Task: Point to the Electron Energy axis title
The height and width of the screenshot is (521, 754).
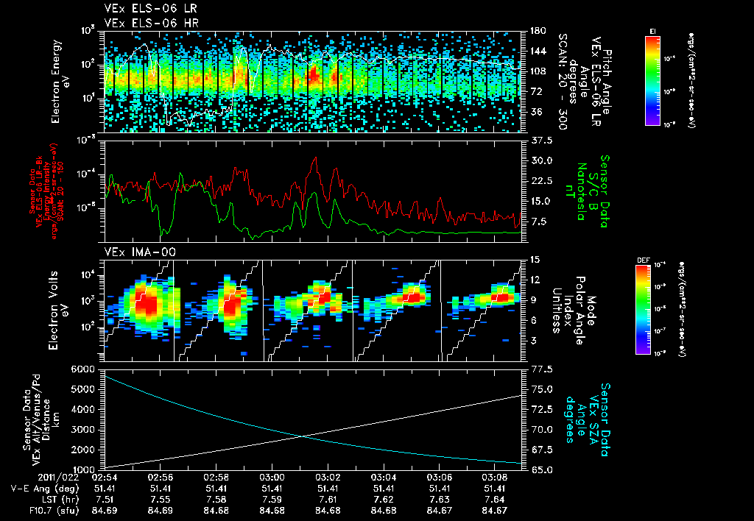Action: point(59,80)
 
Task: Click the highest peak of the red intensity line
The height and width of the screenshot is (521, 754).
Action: point(316,157)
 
